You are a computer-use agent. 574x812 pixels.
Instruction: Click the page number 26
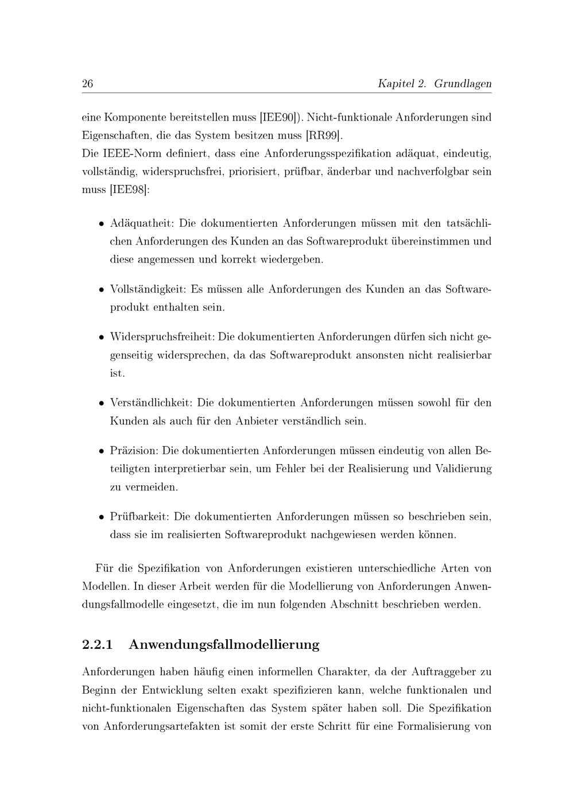(88, 84)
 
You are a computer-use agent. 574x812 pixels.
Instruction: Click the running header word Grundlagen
(463, 84)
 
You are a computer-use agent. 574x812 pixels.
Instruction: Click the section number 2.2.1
(97, 644)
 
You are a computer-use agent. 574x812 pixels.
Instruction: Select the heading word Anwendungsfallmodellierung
(224, 644)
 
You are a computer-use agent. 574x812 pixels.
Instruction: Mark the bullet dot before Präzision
(100, 451)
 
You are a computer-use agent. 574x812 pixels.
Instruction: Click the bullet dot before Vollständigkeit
(100, 290)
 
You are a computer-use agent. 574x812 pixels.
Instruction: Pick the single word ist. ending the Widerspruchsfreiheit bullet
(117, 373)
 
